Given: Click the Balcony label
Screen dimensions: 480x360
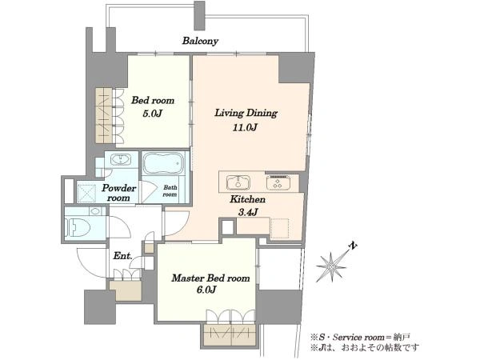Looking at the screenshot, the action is point(200,41).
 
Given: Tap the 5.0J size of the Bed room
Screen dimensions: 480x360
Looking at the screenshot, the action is point(152,114).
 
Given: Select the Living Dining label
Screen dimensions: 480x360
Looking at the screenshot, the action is point(246,113).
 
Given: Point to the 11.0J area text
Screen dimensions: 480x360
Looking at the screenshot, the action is point(245,127).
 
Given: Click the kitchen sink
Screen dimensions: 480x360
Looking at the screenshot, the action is point(238,182).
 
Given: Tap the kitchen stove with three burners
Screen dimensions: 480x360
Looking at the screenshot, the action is point(278,182).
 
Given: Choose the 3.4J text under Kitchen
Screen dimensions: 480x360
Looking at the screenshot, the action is point(247,212).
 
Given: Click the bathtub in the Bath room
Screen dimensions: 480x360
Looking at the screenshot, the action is point(163,163).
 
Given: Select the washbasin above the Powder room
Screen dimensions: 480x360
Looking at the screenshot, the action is point(121,159).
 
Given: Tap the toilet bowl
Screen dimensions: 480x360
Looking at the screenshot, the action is point(78,227).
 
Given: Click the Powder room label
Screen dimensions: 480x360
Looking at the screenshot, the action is point(118,193).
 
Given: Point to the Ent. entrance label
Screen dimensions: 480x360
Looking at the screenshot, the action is point(122,256).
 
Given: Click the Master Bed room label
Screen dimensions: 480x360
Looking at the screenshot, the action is point(210,278).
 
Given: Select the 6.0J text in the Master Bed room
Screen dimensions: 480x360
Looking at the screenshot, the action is point(206,290).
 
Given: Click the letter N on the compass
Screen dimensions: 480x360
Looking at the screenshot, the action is point(354,246).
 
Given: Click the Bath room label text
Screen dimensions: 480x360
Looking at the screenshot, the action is point(170,191).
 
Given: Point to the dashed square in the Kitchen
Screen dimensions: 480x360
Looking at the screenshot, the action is point(279,228).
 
